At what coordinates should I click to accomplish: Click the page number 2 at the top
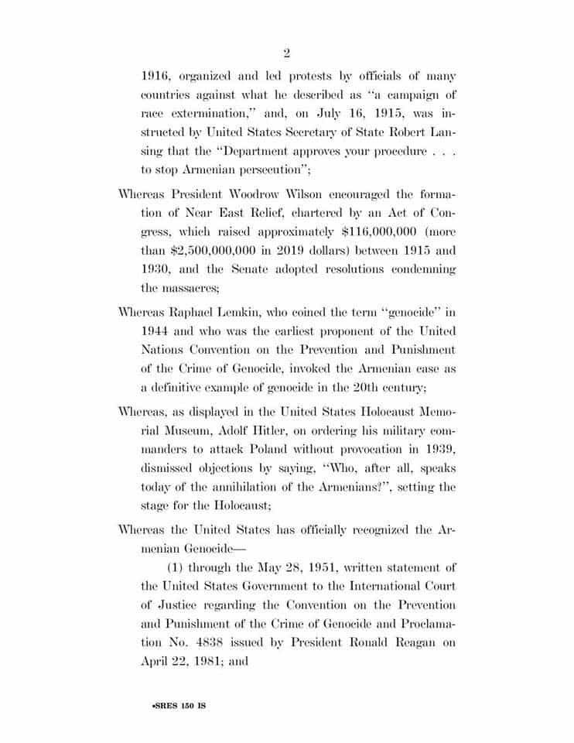[286, 53]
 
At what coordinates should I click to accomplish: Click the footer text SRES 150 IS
[178, 707]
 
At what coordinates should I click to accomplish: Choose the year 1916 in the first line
[157, 76]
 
